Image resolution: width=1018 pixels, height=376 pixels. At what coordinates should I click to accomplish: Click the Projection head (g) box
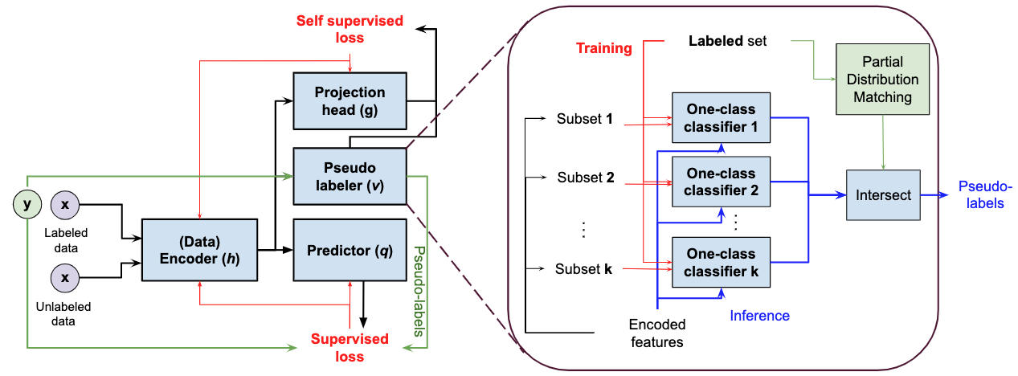(x=350, y=100)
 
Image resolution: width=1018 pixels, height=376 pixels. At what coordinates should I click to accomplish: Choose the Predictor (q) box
(x=350, y=249)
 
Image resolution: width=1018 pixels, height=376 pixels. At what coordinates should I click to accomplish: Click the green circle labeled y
(x=27, y=204)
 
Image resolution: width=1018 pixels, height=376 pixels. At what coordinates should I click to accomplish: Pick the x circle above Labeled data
(x=64, y=204)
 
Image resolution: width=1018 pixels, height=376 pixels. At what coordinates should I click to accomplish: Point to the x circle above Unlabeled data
(x=64, y=280)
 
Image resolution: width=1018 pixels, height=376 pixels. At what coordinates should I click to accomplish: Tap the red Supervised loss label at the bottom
(x=350, y=347)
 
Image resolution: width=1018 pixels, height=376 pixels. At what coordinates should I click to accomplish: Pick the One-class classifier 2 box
(x=721, y=182)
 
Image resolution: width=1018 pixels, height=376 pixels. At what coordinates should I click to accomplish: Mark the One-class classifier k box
(x=721, y=262)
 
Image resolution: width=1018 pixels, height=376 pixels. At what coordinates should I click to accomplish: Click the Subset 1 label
(x=585, y=119)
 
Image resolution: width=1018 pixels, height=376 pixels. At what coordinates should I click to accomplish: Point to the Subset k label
(x=585, y=269)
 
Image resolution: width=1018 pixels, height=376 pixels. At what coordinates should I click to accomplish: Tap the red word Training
(x=603, y=48)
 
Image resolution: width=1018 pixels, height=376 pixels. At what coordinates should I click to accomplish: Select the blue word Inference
(x=759, y=316)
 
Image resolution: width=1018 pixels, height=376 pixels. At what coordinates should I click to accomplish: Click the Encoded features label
(x=657, y=333)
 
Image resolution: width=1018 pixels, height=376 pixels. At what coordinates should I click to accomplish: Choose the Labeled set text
(x=727, y=40)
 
